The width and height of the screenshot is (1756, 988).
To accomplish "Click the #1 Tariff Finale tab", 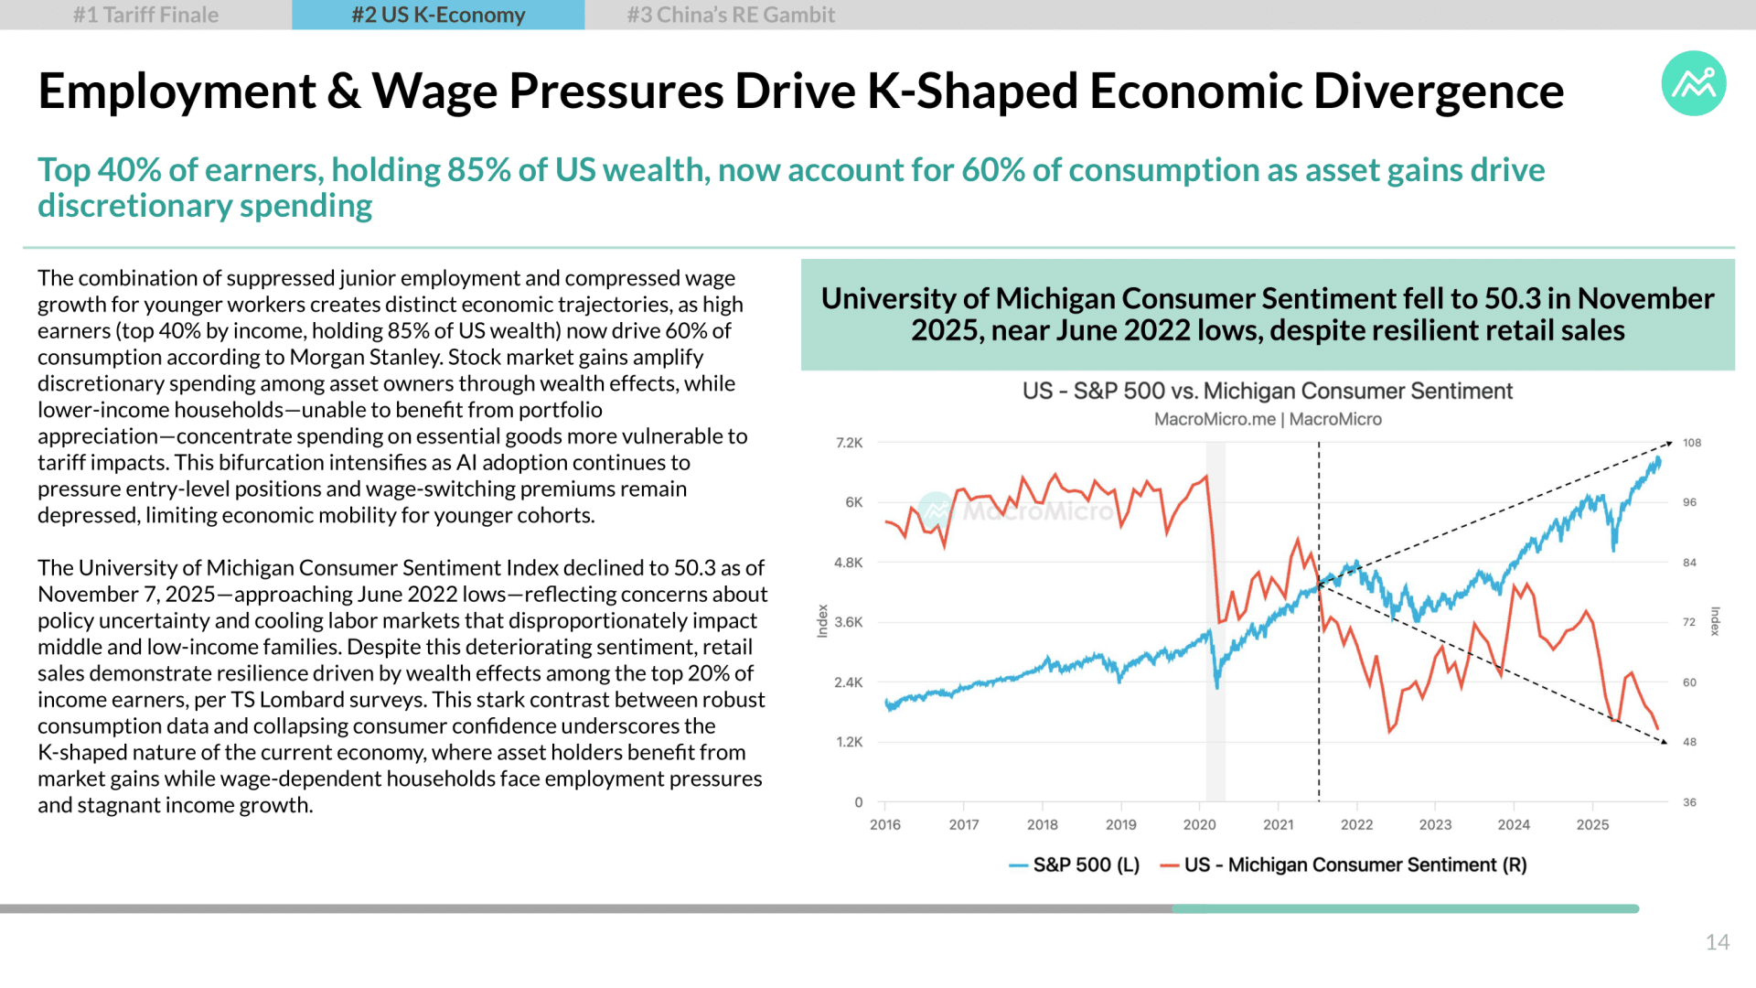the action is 146,15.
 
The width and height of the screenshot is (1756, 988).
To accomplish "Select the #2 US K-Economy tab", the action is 438,15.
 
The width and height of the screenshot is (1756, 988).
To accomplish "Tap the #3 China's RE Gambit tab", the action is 731,15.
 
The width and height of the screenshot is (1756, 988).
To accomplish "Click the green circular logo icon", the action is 1694,83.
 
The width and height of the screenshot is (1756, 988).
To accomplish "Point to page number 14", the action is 1717,942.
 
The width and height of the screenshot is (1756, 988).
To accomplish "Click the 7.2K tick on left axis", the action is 850,443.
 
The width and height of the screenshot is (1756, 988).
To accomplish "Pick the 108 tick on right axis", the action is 1692,443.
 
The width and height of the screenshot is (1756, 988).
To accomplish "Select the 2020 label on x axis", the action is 1199,824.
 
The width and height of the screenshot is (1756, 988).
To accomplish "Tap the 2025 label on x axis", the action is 1592,824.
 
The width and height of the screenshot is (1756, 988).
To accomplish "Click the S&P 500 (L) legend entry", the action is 1075,864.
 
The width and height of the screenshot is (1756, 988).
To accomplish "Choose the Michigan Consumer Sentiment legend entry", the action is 1344,864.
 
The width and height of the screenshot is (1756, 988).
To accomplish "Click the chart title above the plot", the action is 1268,392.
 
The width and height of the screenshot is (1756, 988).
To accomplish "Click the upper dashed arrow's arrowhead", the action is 1669,444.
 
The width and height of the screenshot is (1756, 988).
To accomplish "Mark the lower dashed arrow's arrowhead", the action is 1664,741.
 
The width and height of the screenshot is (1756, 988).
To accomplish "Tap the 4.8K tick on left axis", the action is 849,563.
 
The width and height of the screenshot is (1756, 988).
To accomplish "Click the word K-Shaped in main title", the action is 971,91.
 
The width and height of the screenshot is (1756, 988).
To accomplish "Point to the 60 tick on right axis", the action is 1689,682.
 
